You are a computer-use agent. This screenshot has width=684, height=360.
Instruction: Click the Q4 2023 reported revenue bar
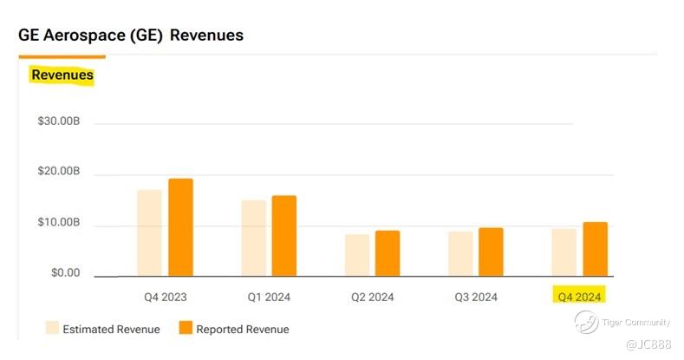[180, 227]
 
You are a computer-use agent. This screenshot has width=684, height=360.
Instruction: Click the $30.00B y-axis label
[59, 121]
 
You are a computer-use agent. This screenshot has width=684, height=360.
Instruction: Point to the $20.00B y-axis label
[59, 172]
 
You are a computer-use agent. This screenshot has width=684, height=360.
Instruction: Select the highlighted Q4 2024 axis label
[579, 296]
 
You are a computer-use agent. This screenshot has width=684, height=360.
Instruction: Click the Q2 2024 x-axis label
[373, 297]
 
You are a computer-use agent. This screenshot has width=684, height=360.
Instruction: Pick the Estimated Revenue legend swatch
[53, 328]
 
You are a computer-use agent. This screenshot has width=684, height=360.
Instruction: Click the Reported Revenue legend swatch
[186, 328]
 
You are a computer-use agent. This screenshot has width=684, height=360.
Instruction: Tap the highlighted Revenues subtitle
[62, 75]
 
